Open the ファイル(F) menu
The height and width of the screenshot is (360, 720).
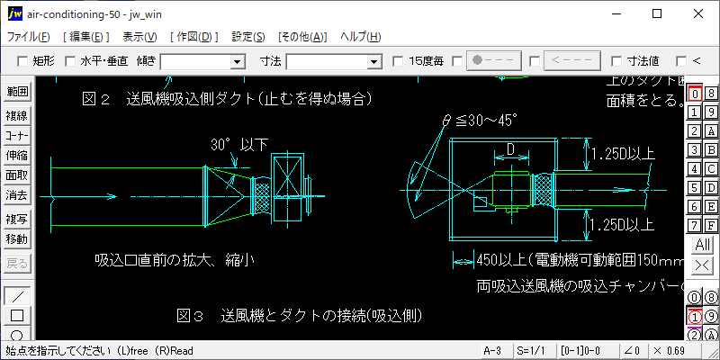pyautogui.click(x=29, y=37)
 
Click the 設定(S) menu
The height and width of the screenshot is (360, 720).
pyautogui.click(x=248, y=37)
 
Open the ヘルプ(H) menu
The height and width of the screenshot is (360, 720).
pyautogui.click(x=360, y=37)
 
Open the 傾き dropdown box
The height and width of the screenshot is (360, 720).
pyautogui.click(x=238, y=61)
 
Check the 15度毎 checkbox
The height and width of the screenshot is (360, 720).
pyautogui.click(x=399, y=61)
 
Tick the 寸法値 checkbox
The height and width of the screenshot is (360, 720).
pyautogui.click(x=617, y=61)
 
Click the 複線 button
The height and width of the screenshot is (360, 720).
pyautogui.click(x=16, y=115)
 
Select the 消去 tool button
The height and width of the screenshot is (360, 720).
pyautogui.click(x=16, y=194)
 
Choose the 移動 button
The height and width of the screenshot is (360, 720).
pyautogui.click(x=16, y=239)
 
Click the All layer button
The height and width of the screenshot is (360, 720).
pyautogui.click(x=702, y=245)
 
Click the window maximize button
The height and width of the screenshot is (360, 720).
pyautogui.click(x=658, y=13)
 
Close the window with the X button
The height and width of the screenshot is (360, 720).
pyautogui.click(x=699, y=13)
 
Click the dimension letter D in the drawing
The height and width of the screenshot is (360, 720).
pyautogui.click(x=510, y=148)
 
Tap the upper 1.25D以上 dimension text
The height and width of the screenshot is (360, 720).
pyautogui.click(x=622, y=155)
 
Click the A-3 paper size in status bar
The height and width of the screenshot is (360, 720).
pyautogui.click(x=492, y=349)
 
